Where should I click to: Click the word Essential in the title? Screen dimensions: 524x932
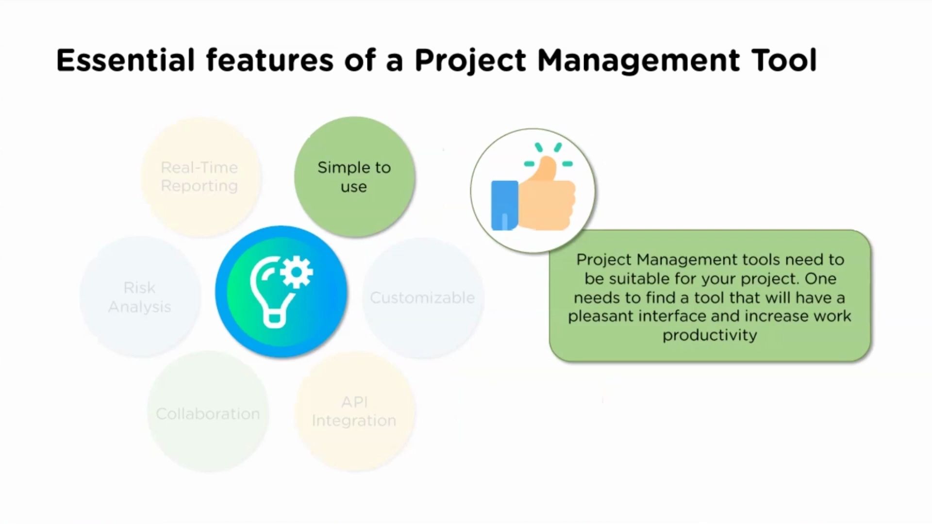(125, 61)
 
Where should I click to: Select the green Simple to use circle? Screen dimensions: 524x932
(354, 177)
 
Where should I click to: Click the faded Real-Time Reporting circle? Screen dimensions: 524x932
(200, 177)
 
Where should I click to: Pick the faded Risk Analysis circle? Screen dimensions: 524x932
(140, 297)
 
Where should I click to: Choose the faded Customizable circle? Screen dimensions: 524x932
(422, 297)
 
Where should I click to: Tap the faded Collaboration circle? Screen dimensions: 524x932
(208, 413)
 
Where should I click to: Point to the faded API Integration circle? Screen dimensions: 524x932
(354, 411)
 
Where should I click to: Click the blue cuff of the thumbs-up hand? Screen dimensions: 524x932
(504, 205)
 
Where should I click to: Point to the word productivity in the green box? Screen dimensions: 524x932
(710, 335)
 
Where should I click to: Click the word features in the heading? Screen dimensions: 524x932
(270, 61)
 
